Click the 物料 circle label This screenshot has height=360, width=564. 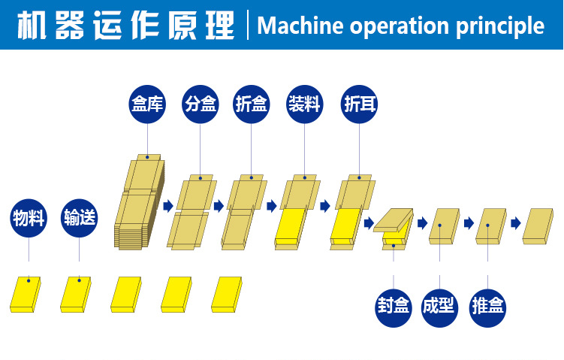tap(29, 218)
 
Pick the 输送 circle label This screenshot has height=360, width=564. tap(80, 218)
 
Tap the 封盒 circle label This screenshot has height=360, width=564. tap(394, 307)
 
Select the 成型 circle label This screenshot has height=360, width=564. tap(440, 307)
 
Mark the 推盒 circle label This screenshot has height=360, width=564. tap(487, 307)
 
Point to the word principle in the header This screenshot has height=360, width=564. tap(499, 26)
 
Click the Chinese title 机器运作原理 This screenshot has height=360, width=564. tap(125, 25)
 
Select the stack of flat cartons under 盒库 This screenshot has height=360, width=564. tap(140, 203)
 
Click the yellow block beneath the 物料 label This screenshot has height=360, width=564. tap(26, 294)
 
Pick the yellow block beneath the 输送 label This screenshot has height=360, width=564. tap(75, 294)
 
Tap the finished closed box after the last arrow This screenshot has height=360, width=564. tap(539, 226)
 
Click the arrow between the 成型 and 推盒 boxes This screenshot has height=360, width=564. tap(469, 223)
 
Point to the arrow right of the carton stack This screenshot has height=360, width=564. tap(168, 205)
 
